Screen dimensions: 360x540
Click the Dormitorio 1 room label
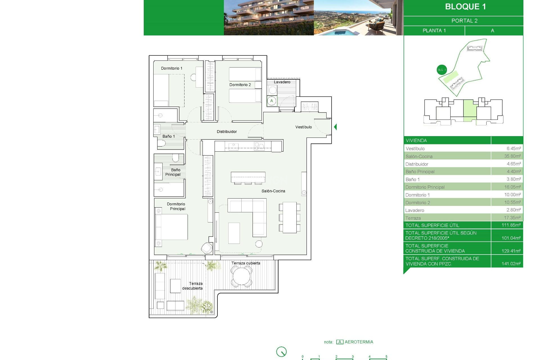tap(172, 68)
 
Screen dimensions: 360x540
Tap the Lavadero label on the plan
tap(282, 82)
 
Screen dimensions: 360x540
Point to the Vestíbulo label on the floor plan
tap(303, 127)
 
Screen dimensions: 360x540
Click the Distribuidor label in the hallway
tap(227, 132)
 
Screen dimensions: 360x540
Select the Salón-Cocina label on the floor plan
tap(273, 191)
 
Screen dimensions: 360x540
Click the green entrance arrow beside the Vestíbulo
tap(335, 127)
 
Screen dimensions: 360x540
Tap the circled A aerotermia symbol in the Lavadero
tap(272, 101)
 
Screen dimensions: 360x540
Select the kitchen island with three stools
tap(248, 177)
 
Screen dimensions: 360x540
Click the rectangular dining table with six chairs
tap(290, 217)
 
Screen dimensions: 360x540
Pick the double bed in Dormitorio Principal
tap(172, 227)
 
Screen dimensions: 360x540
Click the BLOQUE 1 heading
tap(465, 7)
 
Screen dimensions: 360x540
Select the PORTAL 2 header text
tap(464, 21)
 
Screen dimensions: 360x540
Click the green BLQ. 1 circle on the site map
tap(442, 70)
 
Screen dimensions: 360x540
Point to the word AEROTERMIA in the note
tap(359, 342)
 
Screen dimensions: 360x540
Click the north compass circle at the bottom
tap(281, 352)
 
